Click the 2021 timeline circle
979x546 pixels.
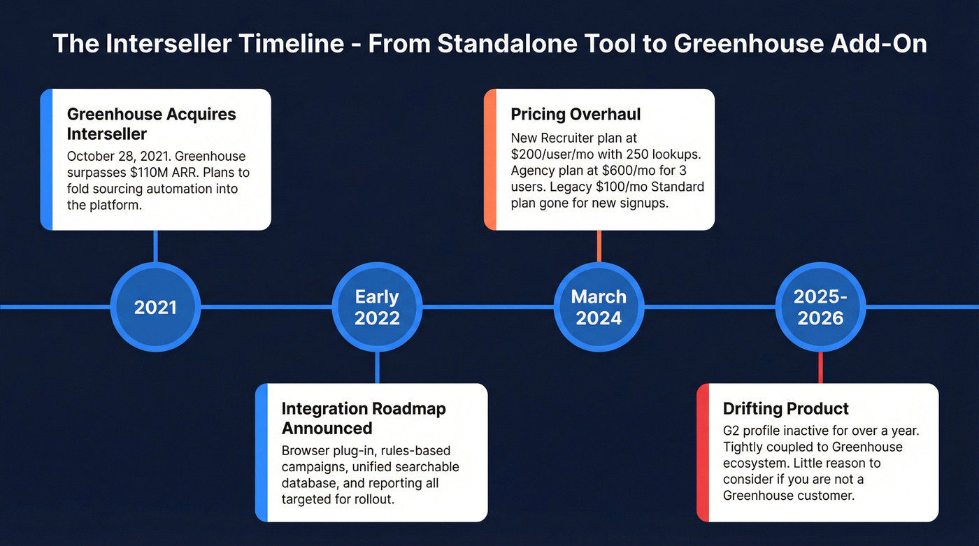pos(155,307)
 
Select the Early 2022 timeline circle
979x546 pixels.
pos(377,307)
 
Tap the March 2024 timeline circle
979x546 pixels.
pos(599,307)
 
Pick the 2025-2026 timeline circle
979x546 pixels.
pos(820,307)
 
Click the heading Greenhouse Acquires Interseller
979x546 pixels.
pos(151,124)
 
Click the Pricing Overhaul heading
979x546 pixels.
pos(576,115)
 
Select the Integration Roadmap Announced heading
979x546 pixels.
pos(363,418)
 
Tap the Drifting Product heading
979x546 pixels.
pos(785,409)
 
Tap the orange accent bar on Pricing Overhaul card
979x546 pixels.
pos(490,159)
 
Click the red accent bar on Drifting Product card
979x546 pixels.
pos(703,452)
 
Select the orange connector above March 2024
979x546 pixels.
pos(599,246)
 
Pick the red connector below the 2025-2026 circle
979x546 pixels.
pos(820,367)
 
